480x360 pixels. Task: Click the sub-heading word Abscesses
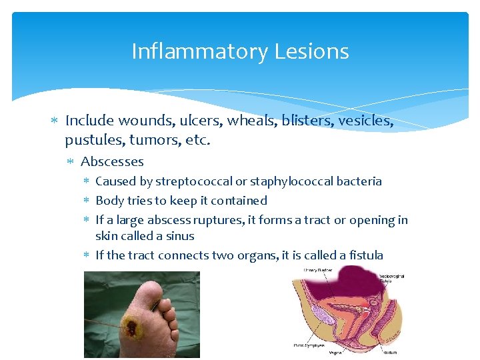click(112, 161)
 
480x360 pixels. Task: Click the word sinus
click(181, 236)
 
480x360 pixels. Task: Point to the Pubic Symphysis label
click(309, 345)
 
